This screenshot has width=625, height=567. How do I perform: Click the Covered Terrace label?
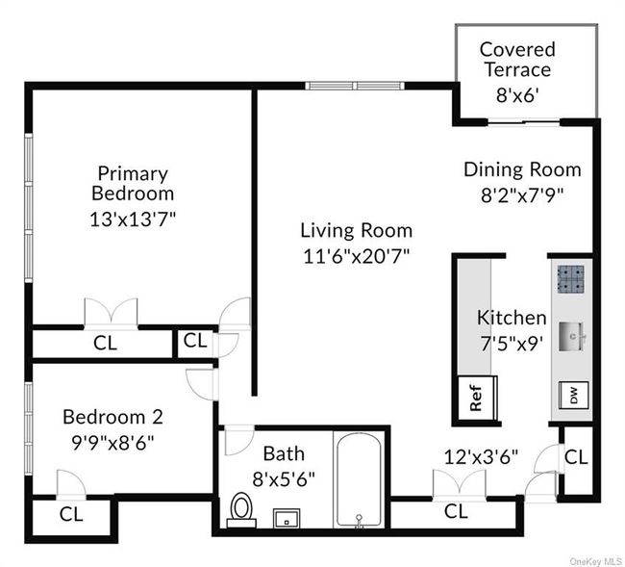(x=516, y=60)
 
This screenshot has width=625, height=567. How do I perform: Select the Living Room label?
(x=356, y=230)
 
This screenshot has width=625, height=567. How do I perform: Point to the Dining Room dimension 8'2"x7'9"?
(x=522, y=193)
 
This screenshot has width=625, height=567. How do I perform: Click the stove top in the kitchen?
(x=572, y=279)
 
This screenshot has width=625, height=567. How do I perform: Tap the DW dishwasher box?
(x=573, y=396)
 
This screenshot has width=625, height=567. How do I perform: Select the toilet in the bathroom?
(x=241, y=508)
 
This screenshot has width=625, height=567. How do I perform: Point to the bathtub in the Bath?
(x=359, y=477)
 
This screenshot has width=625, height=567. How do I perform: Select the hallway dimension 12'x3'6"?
(x=482, y=456)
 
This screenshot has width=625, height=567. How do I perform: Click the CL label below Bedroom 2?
(x=72, y=514)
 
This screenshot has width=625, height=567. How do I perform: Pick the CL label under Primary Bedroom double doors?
(x=105, y=343)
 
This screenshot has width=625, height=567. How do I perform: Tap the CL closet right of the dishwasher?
(x=575, y=457)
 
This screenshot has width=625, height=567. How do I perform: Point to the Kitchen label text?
(x=512, y=318)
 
